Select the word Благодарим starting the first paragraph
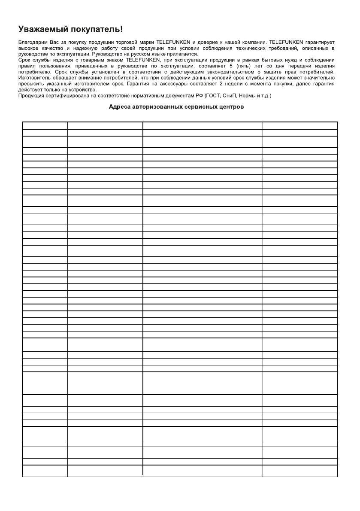coord(33,42)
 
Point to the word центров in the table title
coord(231,107)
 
